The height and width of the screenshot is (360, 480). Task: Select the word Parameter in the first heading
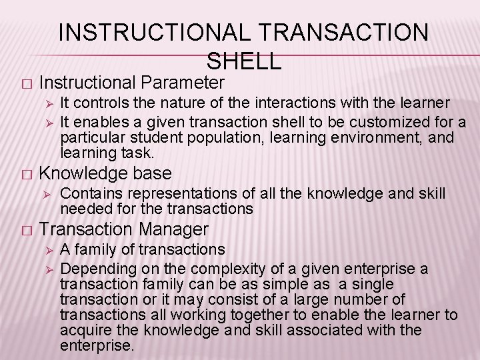click(x=183, y=83)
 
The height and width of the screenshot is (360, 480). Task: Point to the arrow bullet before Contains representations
click(x=47, y=194)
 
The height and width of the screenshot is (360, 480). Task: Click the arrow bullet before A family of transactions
click(x=47, y=250)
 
